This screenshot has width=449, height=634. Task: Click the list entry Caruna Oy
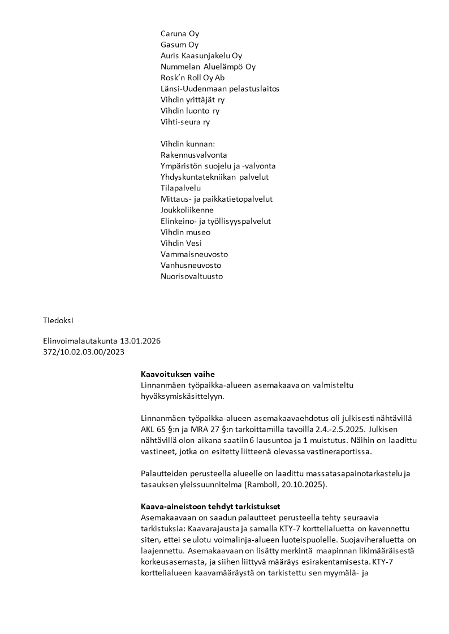(180, 34)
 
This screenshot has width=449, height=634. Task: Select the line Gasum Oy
(179, 45)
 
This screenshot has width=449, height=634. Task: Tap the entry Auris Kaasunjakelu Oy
(201, 56)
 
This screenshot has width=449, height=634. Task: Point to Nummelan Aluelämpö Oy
(208, 67)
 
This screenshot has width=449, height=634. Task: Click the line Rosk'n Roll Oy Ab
(192, 78)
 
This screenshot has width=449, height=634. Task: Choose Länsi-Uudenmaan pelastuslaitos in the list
(220, 89)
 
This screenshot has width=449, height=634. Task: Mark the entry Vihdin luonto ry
(190, 111)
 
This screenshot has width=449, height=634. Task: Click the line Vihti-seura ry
(185, 122)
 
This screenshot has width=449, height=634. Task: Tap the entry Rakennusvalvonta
(194, 155)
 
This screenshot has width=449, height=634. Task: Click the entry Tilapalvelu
(181, 188)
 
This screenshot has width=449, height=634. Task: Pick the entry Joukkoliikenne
(187, 210)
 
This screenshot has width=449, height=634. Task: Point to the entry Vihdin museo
(185, 232)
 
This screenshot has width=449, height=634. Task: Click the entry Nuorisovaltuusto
(192, 276)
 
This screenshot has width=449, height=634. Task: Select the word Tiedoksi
(58, 320)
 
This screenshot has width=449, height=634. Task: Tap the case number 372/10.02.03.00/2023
(83, 353)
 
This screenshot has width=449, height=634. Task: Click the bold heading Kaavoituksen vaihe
(178, 375)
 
